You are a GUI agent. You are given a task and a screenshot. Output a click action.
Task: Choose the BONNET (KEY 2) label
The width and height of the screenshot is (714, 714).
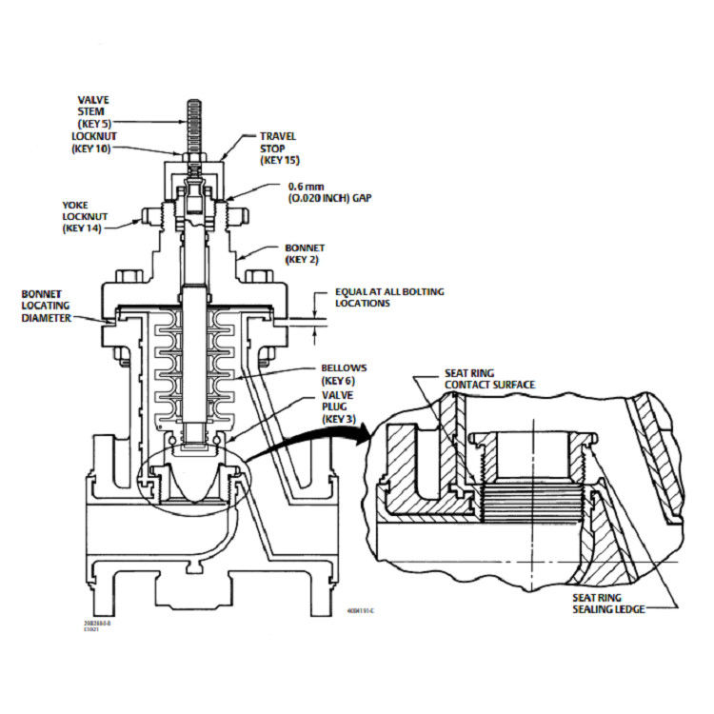tap(306, 253)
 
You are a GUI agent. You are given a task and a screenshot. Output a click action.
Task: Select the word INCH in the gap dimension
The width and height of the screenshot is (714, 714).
tap(318, 200)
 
